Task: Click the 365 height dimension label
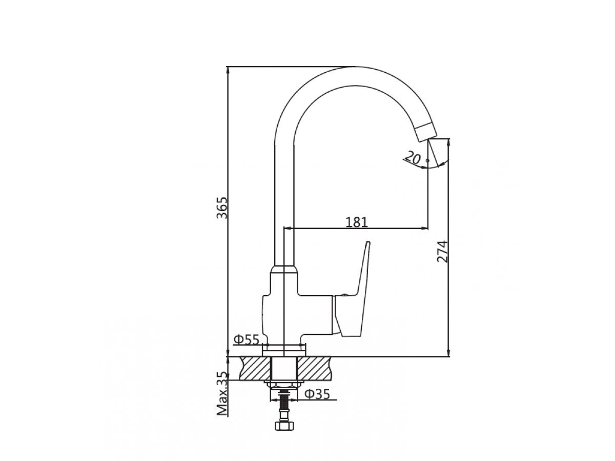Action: (x=221, y=207)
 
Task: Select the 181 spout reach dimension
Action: (x=357, y=222)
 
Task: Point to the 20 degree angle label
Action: (x=411, y=157)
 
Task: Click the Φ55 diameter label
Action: (x=246, y=339)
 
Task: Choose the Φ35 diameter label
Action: (x=317, y=394)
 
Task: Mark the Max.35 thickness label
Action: (x=222, y=394)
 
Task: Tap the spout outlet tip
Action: (x=426, y=133)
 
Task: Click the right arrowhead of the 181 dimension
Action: (x=425, y=227)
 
